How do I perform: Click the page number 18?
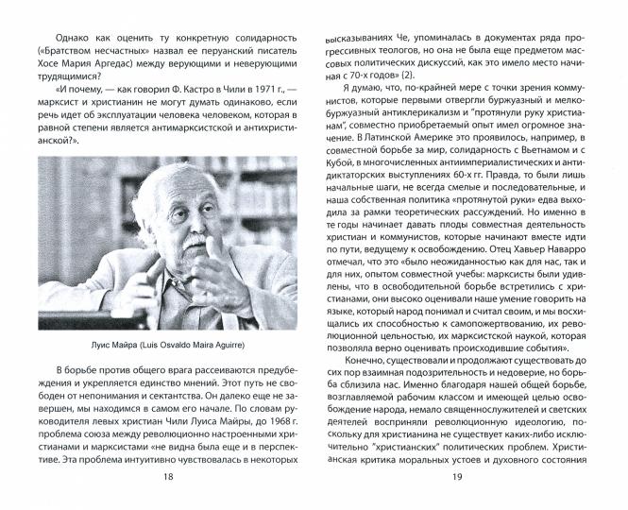tap(168, 502)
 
